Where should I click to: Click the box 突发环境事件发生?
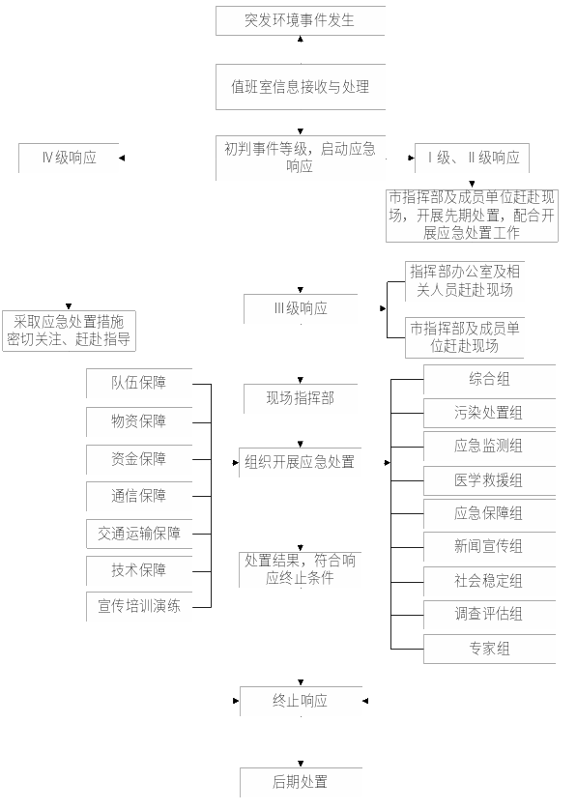[x=301, y=20]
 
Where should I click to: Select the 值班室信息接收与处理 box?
[x=301, y=87]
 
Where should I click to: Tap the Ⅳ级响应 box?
[x=69, y=158]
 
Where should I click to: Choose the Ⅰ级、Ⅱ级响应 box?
[x=473, y=158]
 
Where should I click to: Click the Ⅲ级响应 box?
[x=301, y=309]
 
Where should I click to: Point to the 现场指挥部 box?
[x=301, y=398]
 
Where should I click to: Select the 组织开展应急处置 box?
[x=300, y=462]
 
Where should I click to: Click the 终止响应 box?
[x=301, y=701]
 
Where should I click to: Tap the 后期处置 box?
[x=301, y=782]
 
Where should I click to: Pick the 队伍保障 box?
[x=139, y=383]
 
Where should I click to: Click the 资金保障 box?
[x=139, y=459]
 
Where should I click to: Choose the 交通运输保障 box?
[x=139, y=534]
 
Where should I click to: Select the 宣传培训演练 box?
[x=139, y=606]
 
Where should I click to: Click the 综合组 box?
[x=489, y=379]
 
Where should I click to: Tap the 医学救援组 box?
[x=489, y=481]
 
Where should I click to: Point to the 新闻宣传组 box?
[x=489, y=546]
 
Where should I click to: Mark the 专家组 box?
[x=489, y=649]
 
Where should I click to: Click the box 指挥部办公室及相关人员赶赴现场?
[x=464, y=281]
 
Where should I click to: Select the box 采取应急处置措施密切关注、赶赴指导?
[x=69, y=331]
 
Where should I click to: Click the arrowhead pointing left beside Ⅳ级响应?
[x=122, y=159]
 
